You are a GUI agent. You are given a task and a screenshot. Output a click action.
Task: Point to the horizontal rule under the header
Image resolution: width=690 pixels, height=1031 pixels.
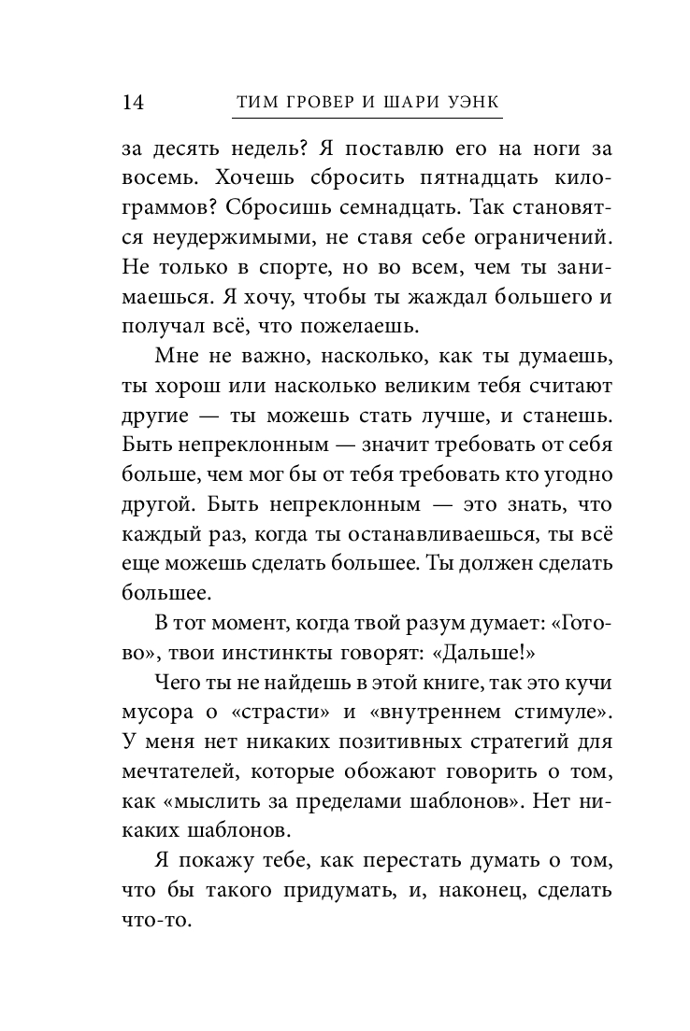click(x=367, y=119)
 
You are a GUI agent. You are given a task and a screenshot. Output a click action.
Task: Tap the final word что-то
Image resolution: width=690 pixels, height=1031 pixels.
click(x=156, y=919)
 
